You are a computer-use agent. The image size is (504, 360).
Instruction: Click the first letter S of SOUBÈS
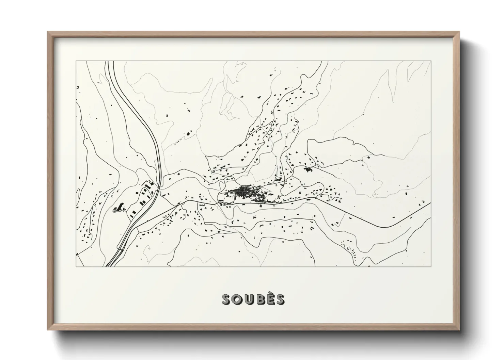click(x=226, y=299)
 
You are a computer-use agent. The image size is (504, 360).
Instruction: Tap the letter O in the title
click(x=237, y=299)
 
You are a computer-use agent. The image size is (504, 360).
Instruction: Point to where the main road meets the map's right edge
click(x=430, y=203)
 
